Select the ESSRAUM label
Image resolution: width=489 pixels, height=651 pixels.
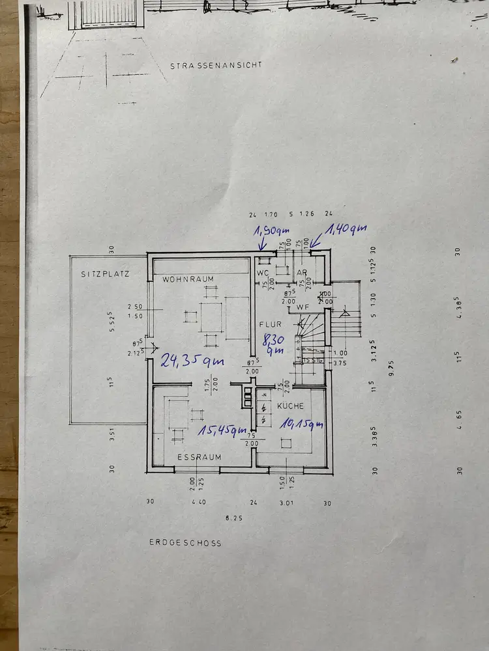(199, 457)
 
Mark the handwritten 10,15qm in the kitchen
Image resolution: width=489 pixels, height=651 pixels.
(302, 426)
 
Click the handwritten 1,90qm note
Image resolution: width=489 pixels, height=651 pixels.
(271, 231)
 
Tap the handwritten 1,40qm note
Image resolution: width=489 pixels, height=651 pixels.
(346, 229)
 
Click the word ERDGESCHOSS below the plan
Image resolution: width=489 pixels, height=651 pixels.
(185, 542)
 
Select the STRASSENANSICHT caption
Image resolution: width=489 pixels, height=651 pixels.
(216, 66)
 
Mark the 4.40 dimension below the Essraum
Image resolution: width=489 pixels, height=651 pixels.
(198, 502)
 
